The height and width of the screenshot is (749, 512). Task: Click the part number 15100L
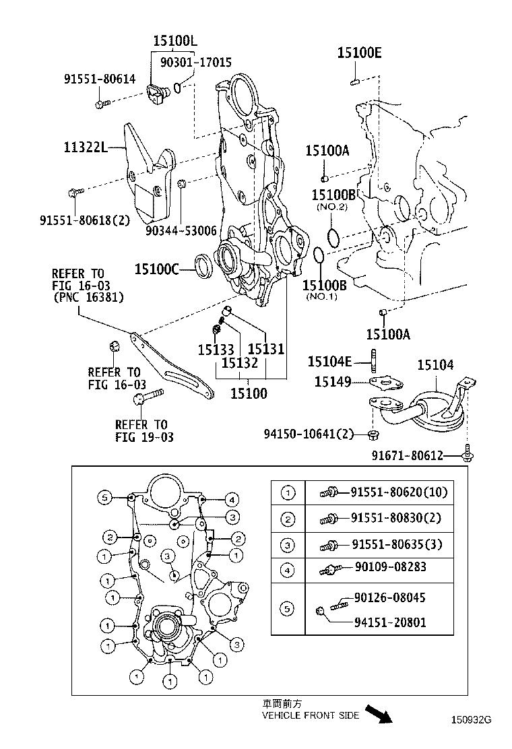pos(174,42)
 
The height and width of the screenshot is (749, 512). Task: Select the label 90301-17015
pos(196,62)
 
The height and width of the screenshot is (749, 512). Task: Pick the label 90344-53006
pos(181,230)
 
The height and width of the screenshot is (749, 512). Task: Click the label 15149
pos(332,382)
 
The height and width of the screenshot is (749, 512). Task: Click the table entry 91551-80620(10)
pos(398,492)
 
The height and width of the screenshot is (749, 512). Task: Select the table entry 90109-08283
pos(390,568)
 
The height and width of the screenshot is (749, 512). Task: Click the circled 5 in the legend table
pos(288,610)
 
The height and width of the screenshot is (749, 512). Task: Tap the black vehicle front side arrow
pos(379,714)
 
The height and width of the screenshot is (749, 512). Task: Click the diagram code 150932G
pos(471,719)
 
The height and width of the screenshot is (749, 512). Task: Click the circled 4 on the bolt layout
pos(230,499)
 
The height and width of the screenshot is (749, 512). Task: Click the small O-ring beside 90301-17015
pos(177,86)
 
